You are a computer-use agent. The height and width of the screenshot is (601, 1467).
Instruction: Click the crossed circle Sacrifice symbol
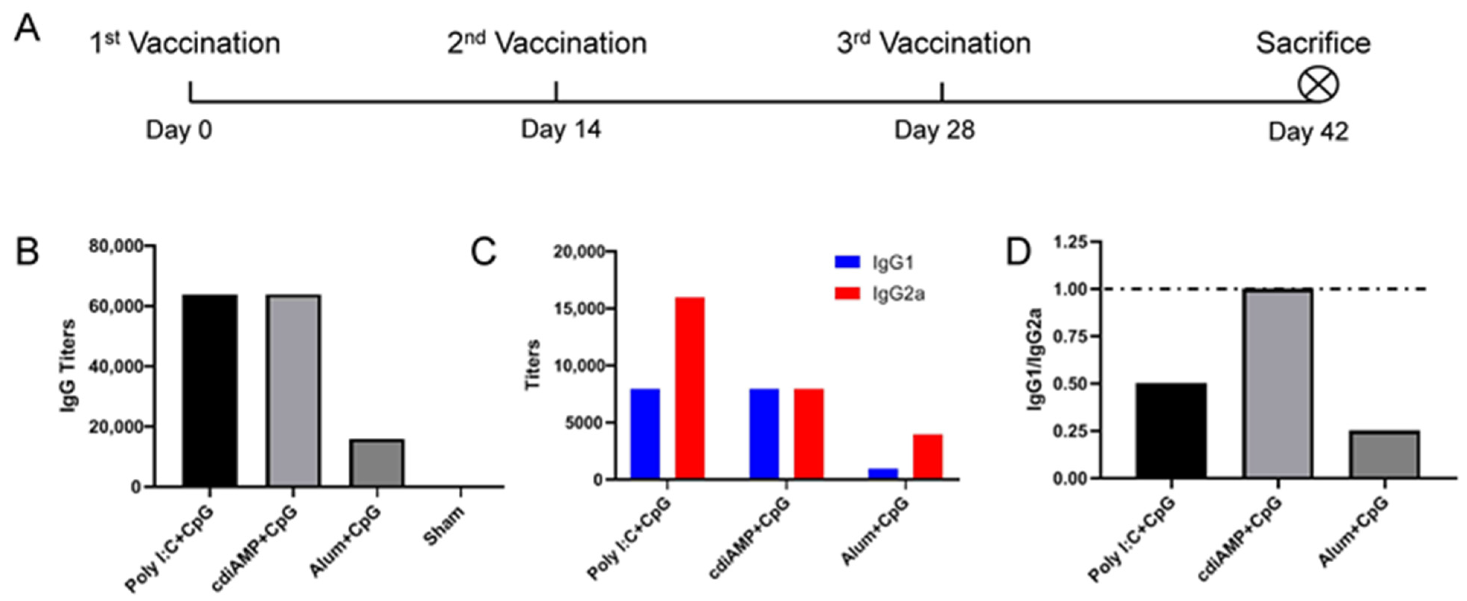[1318, 86]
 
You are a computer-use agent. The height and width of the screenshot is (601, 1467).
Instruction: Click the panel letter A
[27, 29]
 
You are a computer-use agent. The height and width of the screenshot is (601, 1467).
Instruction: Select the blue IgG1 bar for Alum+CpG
[883, 473]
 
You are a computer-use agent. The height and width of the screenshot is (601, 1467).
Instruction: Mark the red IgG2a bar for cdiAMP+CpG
[809, 434]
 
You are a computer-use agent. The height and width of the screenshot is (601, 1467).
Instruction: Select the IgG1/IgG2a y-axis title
[1035, 359]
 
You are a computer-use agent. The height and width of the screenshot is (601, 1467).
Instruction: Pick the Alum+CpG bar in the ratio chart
[1384, 454]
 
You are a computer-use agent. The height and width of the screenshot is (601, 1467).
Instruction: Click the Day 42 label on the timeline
[1308, 132]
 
